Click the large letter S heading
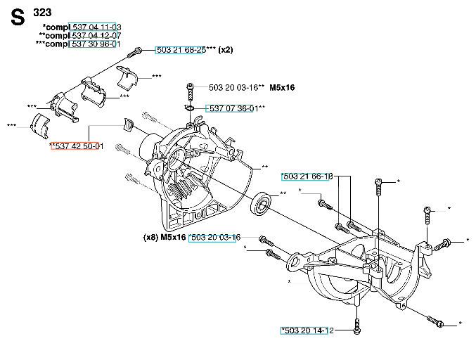pyautogui.click(x=18, y=19)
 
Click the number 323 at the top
pyautogui.click(x=42, y=12)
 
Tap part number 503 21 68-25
pyautogui.click(x=180, y=50)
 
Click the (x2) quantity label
pyautogui.click(x=226, y=50)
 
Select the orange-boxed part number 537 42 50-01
pyautogui.click(x=77, y=146)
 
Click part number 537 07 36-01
pyautogui.click(x=233, y=108)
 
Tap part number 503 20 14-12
pyautogui.click(x=307, y=330)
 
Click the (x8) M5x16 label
pyautogui.click(x=165, y=238)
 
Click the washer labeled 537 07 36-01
pyautogui.click(x=190, y=108)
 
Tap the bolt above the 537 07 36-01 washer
pyautogui.click(x=190, y=91)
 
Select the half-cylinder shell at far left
pyautogui.click(x=39, y=122)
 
